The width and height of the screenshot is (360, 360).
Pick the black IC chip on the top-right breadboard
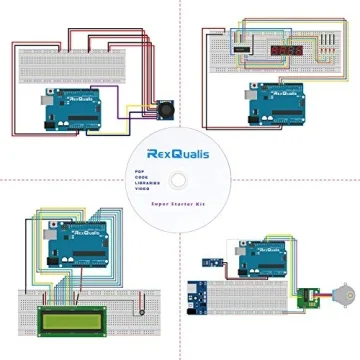click(244, 42)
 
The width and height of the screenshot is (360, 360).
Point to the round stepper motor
click(333, 298)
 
